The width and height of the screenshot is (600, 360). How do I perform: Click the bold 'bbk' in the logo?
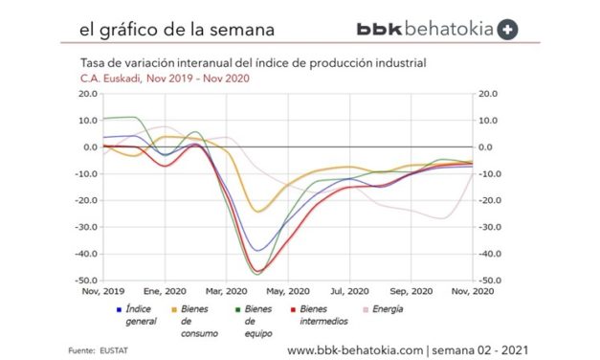(380, 29)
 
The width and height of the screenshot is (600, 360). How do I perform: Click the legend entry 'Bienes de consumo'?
(198, 321)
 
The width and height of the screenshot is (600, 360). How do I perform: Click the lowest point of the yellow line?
(256, 212)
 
